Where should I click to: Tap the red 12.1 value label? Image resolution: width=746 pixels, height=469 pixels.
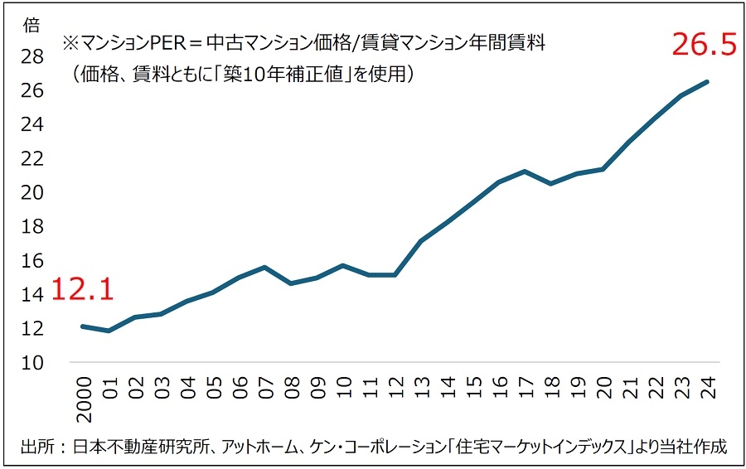(x=82, y=289)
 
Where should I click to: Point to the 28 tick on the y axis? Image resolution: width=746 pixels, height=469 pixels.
(x=32, y=56)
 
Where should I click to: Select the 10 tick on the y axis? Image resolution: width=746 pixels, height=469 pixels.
(x=32, y=362)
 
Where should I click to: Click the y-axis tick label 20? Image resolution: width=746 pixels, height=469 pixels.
(x=32, y=192)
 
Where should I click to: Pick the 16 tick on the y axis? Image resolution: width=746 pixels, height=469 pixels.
(x=32, y=260)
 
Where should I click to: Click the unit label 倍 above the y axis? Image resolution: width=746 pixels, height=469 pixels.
(x=32, y=25)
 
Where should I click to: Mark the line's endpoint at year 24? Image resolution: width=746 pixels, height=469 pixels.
(x=707, y=81)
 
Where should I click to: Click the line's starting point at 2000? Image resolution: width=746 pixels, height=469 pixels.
(x=82, y=326)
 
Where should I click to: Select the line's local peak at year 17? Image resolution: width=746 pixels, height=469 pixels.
(x=525, y=172)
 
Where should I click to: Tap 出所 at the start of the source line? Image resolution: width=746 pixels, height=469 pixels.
(x=36, y=447)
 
